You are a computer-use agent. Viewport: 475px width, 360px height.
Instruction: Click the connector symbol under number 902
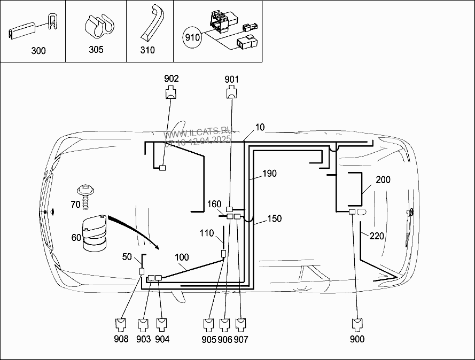pos(171,93)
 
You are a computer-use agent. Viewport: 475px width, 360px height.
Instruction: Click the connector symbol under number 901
pos(231,93)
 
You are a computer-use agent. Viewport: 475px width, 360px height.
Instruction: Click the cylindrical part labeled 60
pos(94,234)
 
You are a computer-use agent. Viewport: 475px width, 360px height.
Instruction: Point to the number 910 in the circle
pos(192,37)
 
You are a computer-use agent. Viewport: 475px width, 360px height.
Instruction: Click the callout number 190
pos(269,174)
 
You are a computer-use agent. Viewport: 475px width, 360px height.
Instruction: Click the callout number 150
pos(274,218)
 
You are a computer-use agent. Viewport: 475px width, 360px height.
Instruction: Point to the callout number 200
pos(383,180)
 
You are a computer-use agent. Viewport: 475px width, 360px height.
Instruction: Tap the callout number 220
pos(377,236)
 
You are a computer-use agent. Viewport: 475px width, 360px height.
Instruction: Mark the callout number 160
pos(214,204)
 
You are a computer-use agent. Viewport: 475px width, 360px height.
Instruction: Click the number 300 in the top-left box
pos(38,51)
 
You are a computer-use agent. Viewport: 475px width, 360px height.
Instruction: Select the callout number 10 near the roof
pos(260,127)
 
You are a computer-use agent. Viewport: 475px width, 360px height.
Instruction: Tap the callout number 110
pos(207,233)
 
